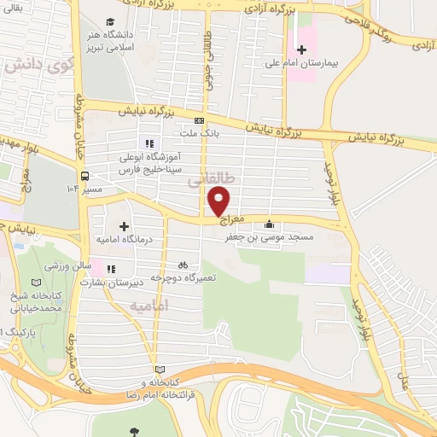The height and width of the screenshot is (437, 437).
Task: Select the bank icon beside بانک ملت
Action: point(199,120)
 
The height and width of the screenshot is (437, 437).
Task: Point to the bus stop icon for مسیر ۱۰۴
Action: point(84,177)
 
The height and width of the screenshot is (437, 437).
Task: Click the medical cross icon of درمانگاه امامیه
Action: point(125,226)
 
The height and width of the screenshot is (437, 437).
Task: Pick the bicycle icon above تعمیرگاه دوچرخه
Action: point(184,265)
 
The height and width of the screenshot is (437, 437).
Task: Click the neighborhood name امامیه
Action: point(154,305)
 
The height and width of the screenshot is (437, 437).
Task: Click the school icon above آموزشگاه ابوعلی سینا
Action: point(149,143)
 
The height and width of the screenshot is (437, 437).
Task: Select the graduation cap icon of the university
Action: point(110,22)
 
